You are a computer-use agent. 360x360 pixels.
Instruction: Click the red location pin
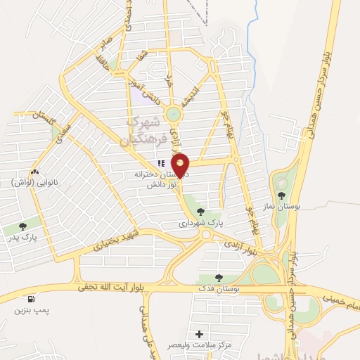pyautogui.click(x=181, y=165)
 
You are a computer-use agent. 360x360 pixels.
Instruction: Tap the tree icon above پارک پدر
pyautogui.click(x=22, y=226)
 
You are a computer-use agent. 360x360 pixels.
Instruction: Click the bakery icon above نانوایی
pyautogui.click(x=34, y=171)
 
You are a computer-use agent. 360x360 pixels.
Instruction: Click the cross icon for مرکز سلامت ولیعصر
pyautogui.click(x=200, y=334)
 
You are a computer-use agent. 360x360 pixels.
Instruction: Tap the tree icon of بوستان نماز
pyautogui.click(x=281, y=195)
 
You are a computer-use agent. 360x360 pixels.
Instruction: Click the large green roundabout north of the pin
pyautogui.click(x=173, y=114)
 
